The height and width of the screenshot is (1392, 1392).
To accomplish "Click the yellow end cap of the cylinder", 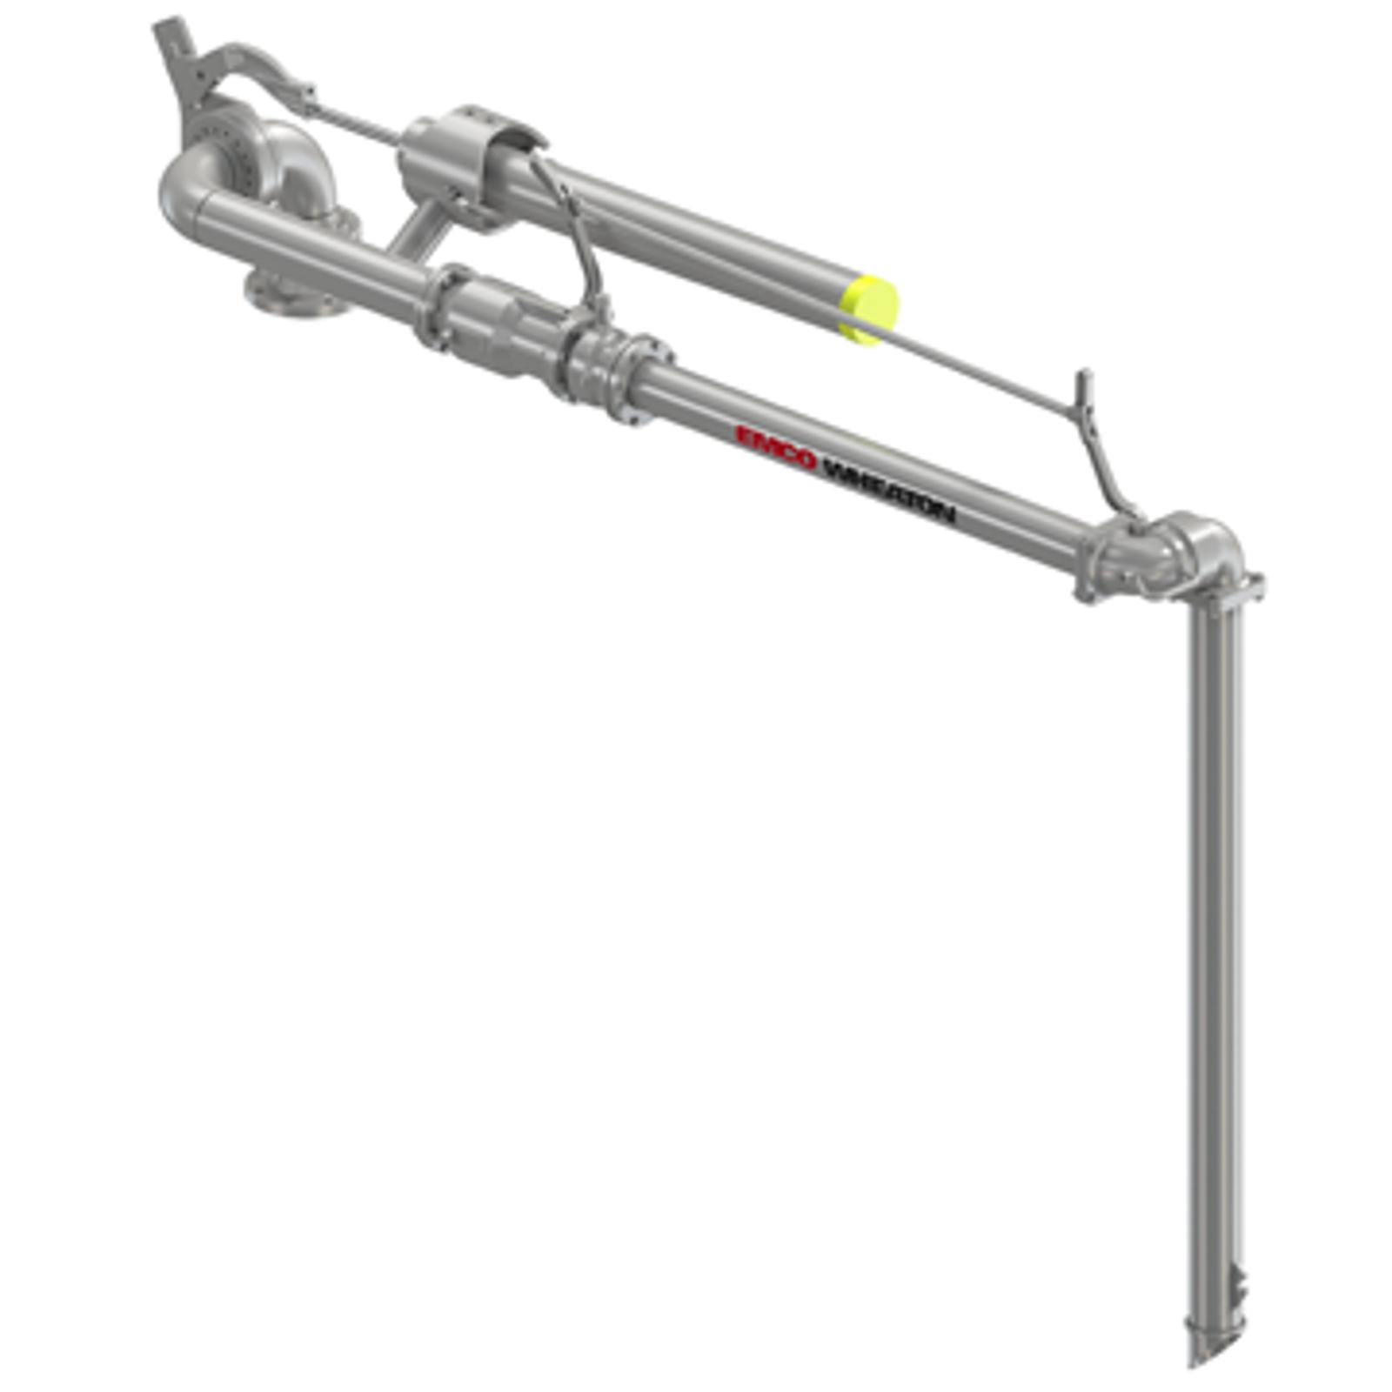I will [869, 310].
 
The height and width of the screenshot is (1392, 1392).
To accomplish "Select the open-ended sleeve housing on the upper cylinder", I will [470, 161].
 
